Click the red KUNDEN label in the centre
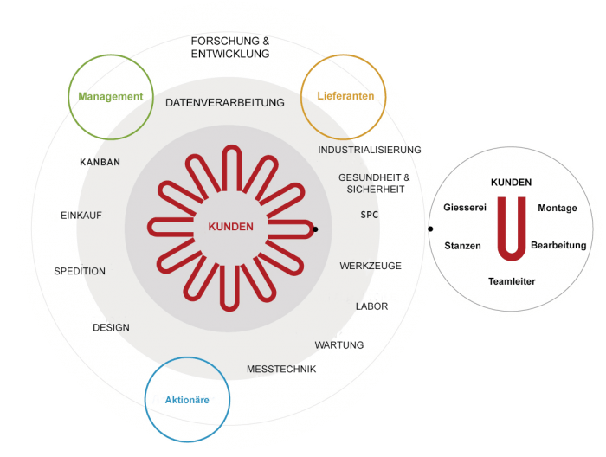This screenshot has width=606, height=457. pos(231,227)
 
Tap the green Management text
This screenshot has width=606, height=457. pos(111,97)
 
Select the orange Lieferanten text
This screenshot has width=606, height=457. pos(345,96)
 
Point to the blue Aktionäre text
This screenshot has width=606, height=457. pos(187,400)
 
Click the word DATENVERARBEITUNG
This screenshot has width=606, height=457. pos(225,103)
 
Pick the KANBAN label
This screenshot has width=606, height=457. pos(100,162)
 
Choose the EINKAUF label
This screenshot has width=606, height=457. pos(81,216)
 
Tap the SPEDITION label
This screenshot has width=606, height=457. pos(80,271)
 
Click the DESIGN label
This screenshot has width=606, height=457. pos(112,327)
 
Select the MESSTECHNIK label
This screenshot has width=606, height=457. pos(281,370)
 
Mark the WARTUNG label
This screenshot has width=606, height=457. pos(339,345)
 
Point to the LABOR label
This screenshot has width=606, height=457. pos(371,306)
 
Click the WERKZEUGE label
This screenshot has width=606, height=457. pos(371,266)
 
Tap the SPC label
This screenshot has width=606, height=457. pos(370,215)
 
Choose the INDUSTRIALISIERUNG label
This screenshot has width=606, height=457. pos(370,150)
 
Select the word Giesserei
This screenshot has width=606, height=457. pos(465,208)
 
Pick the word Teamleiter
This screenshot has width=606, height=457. pos(512,281)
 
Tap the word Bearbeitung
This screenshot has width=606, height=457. pos(558,245)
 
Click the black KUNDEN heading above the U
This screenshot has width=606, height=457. pos(512,183)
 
